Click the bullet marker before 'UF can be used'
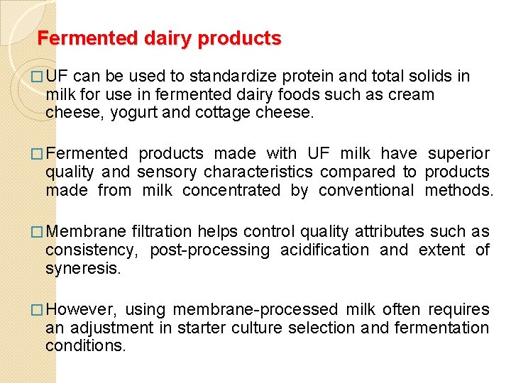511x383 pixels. click(38, 77)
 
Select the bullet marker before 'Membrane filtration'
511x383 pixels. click(38, 232)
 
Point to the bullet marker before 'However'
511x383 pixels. click(38, 310)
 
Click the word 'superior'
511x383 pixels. click(458, 153)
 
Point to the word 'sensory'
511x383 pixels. click(163, 172)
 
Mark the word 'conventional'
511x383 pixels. click(366, 190)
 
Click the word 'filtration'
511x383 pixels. click(162, 231)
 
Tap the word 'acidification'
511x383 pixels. click(324, 250)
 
